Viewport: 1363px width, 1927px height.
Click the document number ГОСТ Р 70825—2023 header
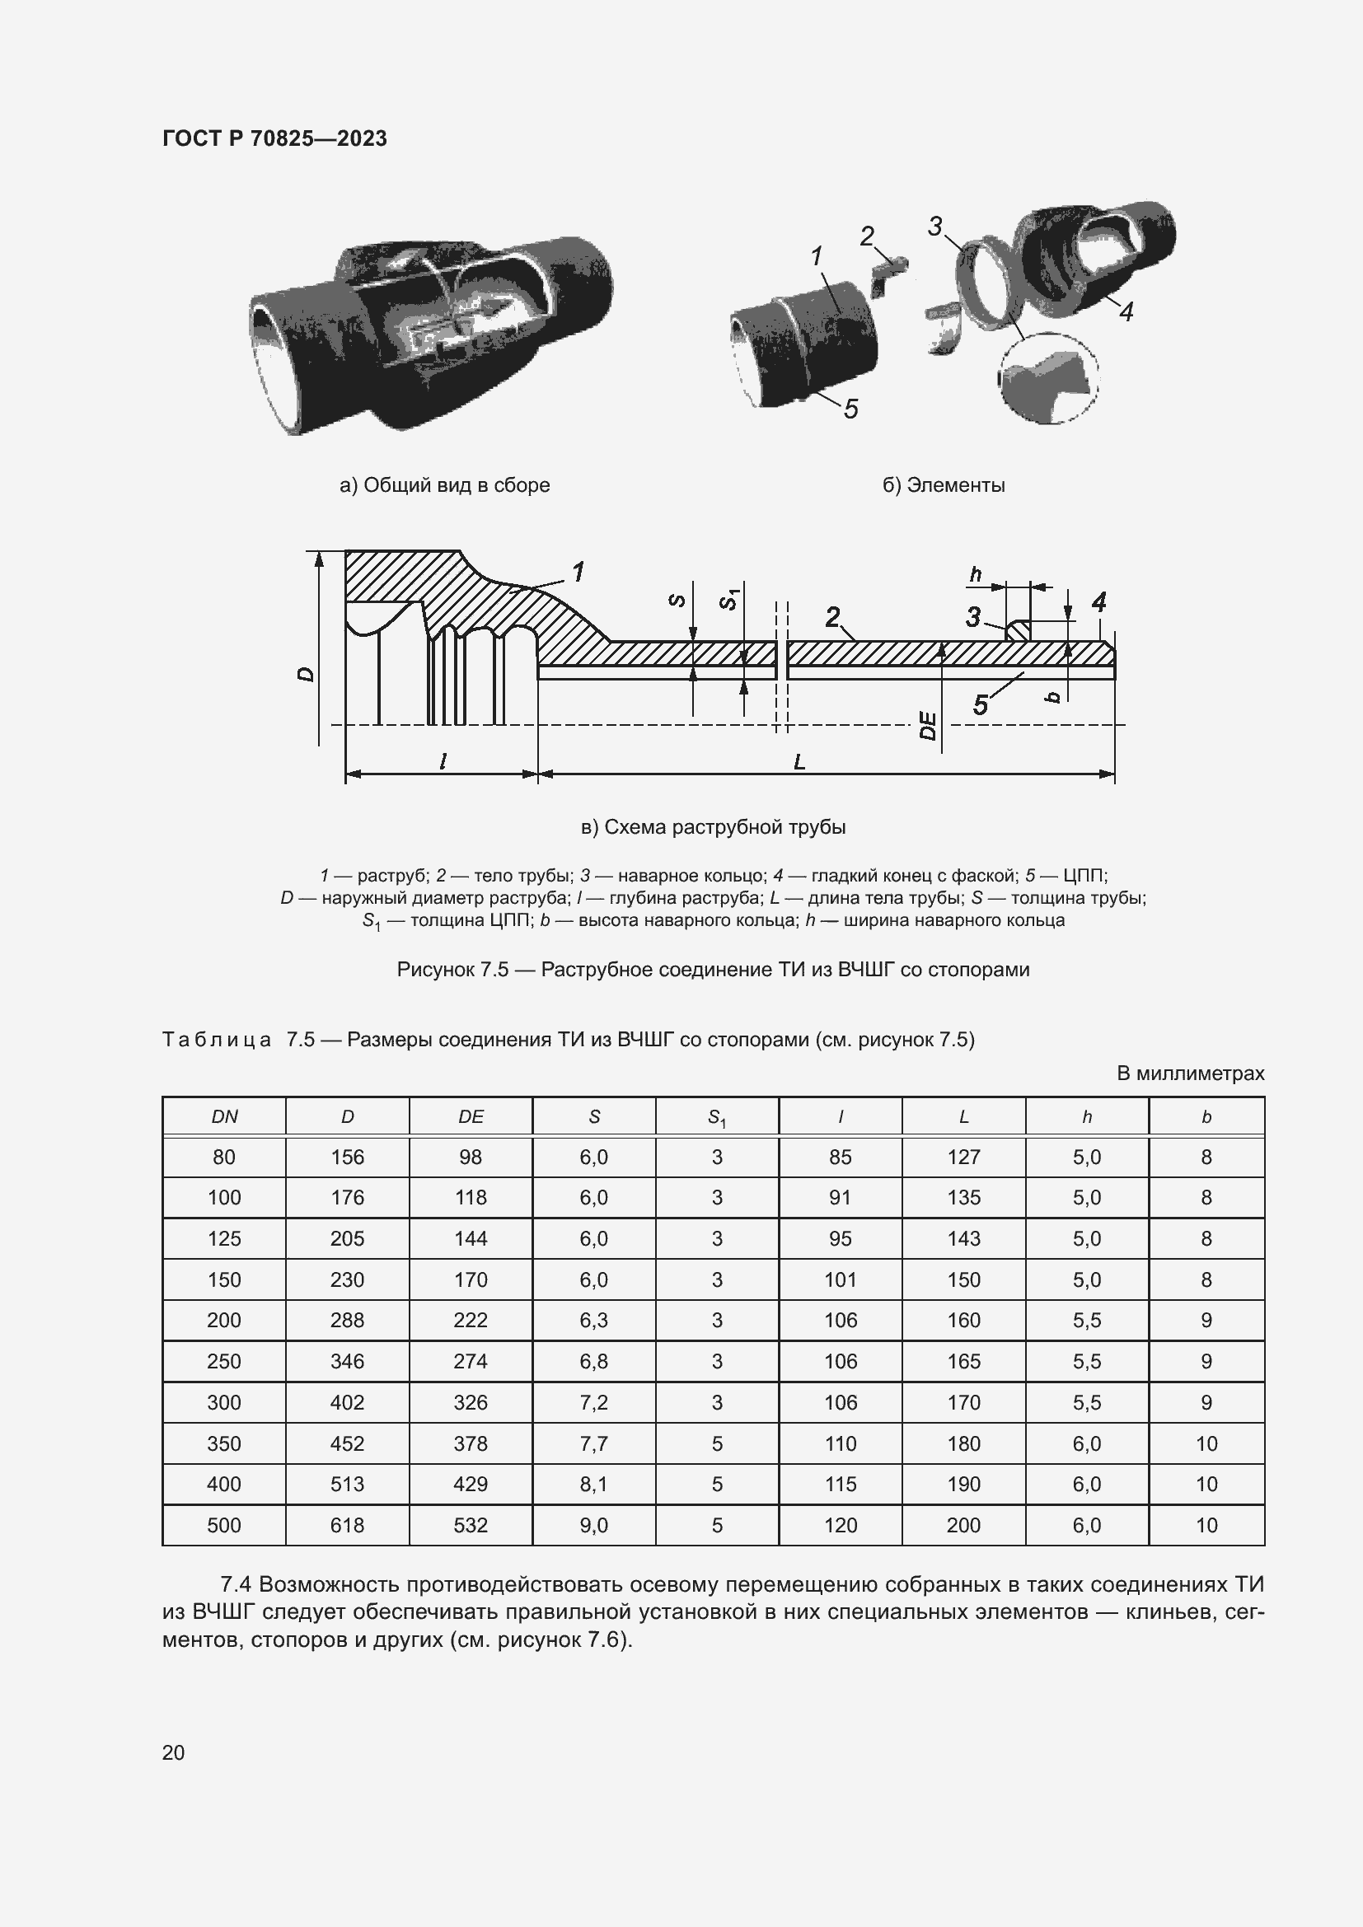[x=274, y=138]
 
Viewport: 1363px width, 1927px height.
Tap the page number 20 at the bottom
[x=173, y=1752]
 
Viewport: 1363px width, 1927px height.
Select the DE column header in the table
[x=470, y=1116]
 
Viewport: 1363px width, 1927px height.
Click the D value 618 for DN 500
[x=347, y=1525]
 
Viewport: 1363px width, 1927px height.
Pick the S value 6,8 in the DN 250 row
[x=593, y=1361]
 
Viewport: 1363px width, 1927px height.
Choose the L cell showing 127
[x=963, y=1158]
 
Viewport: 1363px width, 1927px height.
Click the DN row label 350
[x=223, y=1443]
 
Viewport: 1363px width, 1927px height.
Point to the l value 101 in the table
[x=839, y=1280]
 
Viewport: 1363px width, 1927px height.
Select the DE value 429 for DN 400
[x=470, y=1484]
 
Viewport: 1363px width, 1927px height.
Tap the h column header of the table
[x=1086, y=1116]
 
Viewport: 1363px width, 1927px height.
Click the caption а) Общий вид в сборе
[x=444, y=485]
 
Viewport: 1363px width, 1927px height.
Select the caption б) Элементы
[x=944, y=485]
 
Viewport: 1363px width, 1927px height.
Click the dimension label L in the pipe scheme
[x=799, y=761]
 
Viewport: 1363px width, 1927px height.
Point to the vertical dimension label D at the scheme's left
[x=307, y=673]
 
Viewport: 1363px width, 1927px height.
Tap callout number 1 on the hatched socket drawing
[x=578, y=573]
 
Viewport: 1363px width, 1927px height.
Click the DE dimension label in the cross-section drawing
[x=927, y=725]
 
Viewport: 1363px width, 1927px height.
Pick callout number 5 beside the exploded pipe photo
[x=850, y=409]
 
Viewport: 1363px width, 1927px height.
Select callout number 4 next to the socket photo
[x=1126, y=312]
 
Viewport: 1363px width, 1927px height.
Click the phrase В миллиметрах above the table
[x=1189, y=1073]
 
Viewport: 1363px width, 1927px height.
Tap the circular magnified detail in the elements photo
[x=1048, y=377]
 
